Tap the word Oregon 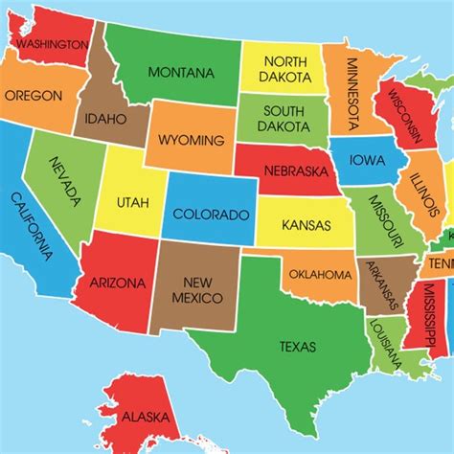coord(34,96)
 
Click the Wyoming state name coord(192,141)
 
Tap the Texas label coord(297,346)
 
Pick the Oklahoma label coord(321,275)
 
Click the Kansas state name coord(306,226)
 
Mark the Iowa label coord(368,159)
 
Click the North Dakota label coord(284,68)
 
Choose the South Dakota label coord(284,117)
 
